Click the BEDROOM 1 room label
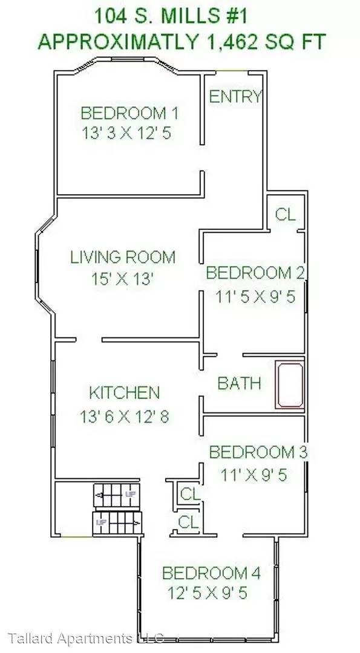pyautogui.click(x=129, y=113)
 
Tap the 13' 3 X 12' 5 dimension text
pyautogui.click(x=126, y=133)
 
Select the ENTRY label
pyautogui.click(x=235, y=97)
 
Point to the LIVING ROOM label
pyautogui.click(x=123, y=257)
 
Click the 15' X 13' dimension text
pyautogui.click(x=123, y=279)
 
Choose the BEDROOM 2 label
pyautogui.click(x=256, y=273)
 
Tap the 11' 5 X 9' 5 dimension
pyautogui.click(x=255, y=297)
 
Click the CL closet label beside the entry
pyautogui.click(x=286, y=214)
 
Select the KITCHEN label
pyautogui.click(x=125, y=393)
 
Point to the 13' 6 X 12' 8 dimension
pyautogui.click(x=125, y=417)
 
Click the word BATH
pyautogui.click(x=239, y=383)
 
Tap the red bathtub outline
pyautogui.click(x=290, y=385)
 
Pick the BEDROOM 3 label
pyautogui.click(x=258, y=452)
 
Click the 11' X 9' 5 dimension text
pyautogui.click(x=254, y=475)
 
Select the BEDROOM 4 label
pyautogui.click(x=211, y=573)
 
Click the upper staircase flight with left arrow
pyautogui.click(x=117, y=495)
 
